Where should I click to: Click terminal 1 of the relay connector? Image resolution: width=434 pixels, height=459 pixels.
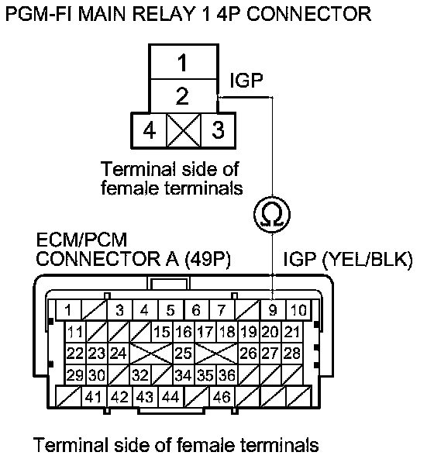click(x=184, y=62)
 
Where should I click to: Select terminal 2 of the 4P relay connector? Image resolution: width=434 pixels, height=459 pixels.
click(x=184, y=95)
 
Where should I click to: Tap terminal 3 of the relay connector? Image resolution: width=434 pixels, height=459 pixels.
click(x=218, y=130)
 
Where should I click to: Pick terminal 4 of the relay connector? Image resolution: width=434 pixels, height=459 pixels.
click(x=149, y=130)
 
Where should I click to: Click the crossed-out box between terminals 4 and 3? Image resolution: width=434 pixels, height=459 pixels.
click(x=184, y=130)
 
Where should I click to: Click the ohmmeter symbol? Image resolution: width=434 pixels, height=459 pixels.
click(x=272, y=215)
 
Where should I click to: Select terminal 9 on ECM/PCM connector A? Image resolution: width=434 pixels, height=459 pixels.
click(x=273, y=309)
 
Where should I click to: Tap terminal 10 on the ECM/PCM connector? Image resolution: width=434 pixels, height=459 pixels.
click(x=298, y=309)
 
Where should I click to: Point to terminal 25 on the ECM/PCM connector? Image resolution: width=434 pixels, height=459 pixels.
click(x=184, y=354)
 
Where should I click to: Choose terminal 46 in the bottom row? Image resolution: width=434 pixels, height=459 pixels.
click(x=222, y=397)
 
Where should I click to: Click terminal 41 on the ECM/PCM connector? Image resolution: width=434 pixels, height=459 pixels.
click(x=94, y=397)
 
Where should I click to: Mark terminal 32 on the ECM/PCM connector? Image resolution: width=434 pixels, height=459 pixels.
click(x=140, y=375)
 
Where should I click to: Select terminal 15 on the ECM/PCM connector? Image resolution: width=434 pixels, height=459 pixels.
click(x=162, y=332)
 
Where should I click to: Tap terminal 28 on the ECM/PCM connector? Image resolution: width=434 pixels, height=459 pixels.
click(x=292, y=354)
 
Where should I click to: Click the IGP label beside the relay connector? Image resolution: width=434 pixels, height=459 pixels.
click(x=246, y=80)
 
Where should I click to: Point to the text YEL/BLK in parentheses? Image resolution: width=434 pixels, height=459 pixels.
click(x=367, y=259)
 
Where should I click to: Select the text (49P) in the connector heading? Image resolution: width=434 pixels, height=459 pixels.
click(x=208, y=259)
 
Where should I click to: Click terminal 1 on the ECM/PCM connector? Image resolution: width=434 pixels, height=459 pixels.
click(x=68, y=309)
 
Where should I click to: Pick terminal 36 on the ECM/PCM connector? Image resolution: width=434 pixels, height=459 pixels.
click(x=227, y=375)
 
